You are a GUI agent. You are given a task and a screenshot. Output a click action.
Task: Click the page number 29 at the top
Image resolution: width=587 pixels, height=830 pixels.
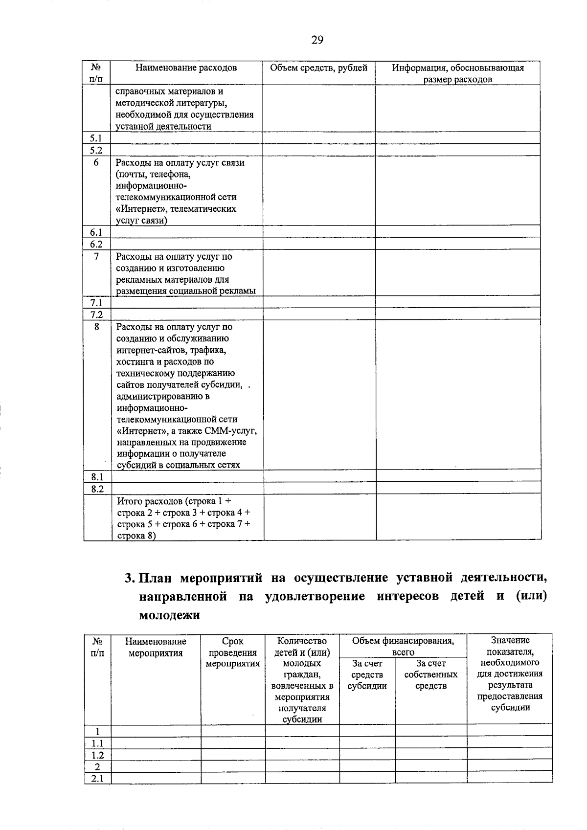click(x=317, y=40)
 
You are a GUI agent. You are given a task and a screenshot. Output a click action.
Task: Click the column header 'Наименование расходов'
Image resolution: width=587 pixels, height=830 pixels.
click(x=186, y=68)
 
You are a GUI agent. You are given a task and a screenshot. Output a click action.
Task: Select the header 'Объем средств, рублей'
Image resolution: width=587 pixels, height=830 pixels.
click(x=318, y=68)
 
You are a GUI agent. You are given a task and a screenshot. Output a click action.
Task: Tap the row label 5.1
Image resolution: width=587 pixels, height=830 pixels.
click(x=96, y=138)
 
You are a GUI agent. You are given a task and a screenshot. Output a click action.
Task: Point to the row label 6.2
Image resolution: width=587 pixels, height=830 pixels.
click(x=96, y=244)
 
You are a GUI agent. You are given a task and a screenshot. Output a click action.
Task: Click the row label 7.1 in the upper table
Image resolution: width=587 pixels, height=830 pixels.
click(x=96, y=303)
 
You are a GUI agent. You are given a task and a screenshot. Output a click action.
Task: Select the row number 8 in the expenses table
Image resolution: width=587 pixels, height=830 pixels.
click(x=96, y=326)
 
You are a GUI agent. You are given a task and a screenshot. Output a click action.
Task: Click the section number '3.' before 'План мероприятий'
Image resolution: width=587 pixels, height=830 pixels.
click(x=130, y=578)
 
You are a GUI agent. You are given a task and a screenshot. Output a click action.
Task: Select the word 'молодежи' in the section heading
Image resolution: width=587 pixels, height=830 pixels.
click(x=170, y=615)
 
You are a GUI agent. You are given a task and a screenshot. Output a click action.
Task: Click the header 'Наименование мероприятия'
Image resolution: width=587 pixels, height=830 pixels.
click(x=156, y=647)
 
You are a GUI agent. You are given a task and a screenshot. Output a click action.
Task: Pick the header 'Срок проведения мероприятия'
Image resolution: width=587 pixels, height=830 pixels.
click(x=232, y=652)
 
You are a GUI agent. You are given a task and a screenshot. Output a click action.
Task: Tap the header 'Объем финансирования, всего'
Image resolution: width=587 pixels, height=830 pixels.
click(x=403, y=646)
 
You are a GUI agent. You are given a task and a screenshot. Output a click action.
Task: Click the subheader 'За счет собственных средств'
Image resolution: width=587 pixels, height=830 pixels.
click(x=431, y=674)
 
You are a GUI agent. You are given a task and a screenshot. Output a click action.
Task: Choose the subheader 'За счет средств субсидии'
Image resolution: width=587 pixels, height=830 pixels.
click(x=367, y=674)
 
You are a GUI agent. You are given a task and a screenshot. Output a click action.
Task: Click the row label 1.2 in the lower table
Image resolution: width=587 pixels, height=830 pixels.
click(x=97, y=755)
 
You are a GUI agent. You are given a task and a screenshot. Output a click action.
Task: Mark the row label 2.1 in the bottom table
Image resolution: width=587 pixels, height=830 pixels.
click(x=97, y=778)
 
